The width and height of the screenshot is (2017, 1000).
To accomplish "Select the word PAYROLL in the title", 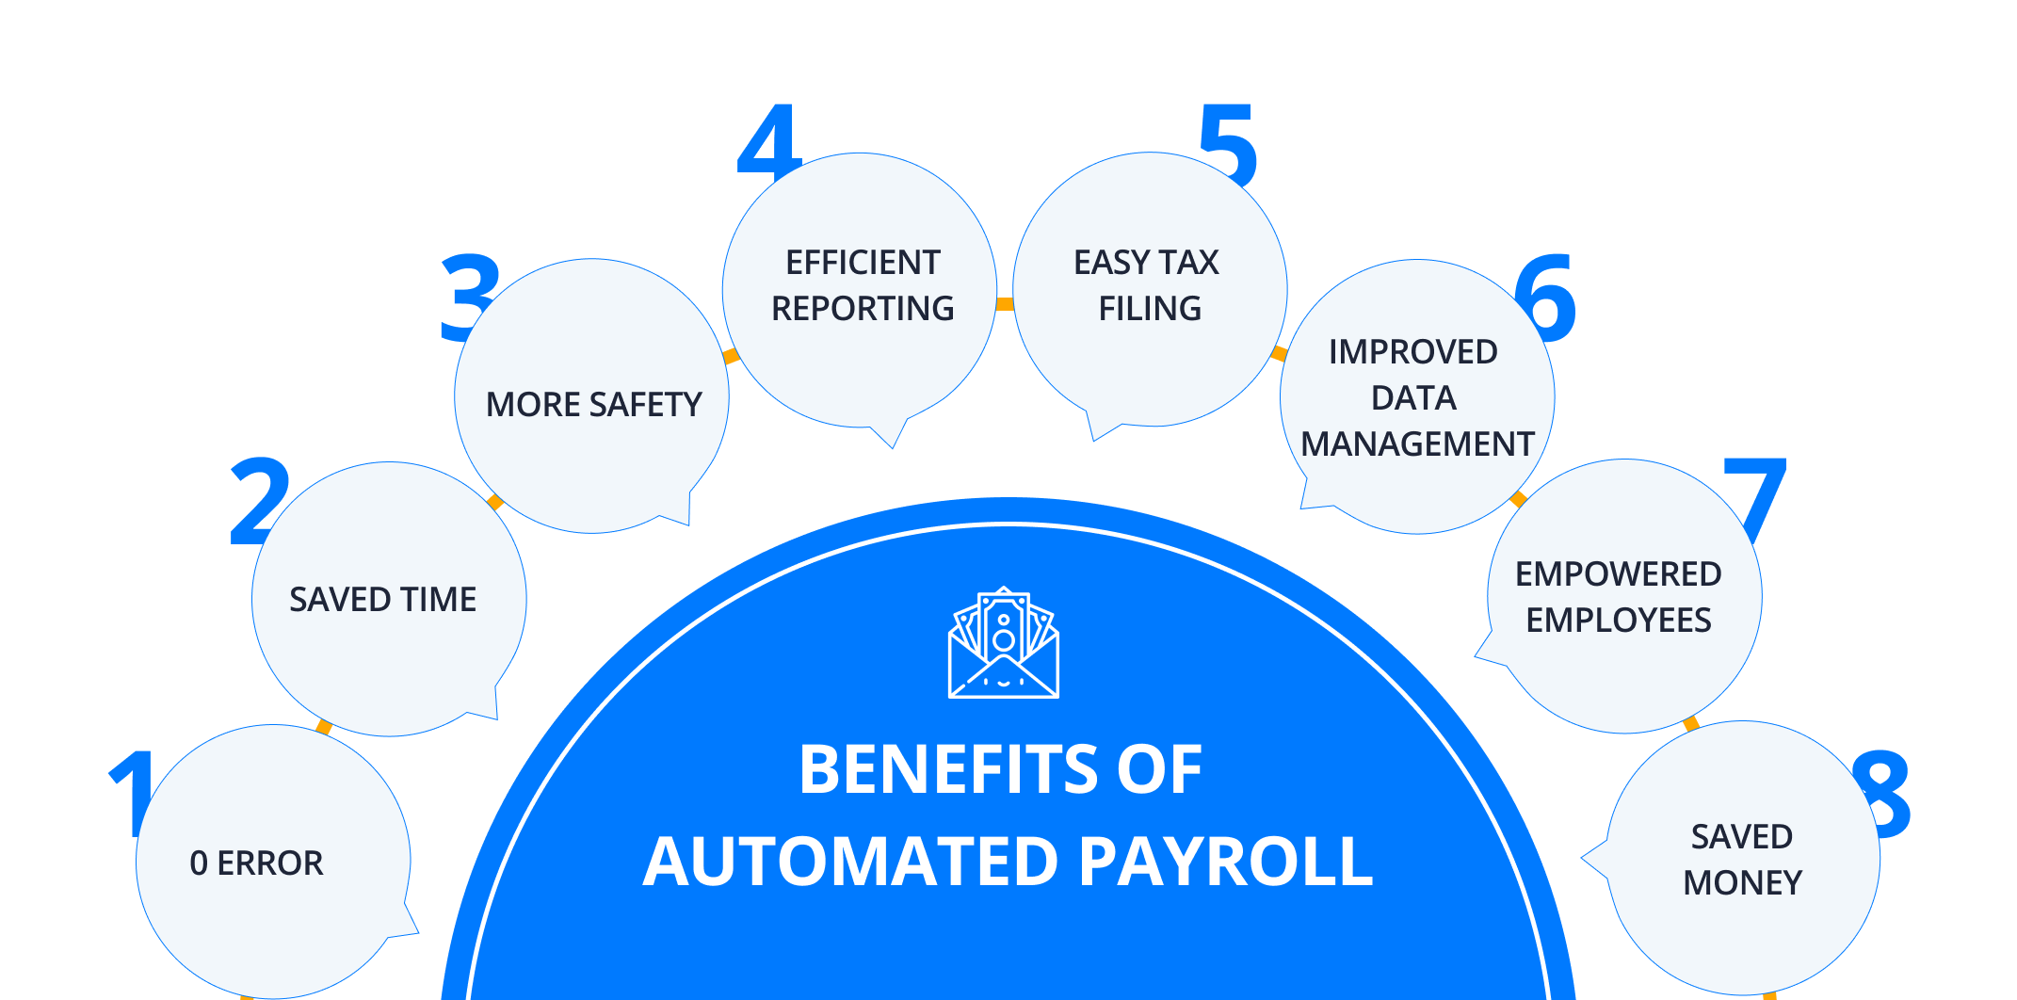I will (x=1226, y=862).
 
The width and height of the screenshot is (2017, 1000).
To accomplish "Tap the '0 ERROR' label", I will (x=256, y=863).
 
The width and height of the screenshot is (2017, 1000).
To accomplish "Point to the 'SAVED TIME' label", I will (x=382, y=599).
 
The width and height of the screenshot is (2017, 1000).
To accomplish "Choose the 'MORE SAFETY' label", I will (x=593, y=404).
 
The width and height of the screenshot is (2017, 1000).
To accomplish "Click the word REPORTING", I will (x=863, y=308).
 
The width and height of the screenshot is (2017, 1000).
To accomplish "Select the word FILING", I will (x=1150, y=308).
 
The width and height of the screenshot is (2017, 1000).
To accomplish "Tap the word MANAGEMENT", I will (x=1417, y=444).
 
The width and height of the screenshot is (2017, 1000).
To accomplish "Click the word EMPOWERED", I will (x=1618, y=573).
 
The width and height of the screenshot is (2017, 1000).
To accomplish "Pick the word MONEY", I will (x=1742, y=882).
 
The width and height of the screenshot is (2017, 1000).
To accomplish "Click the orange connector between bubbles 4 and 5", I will (x=1005, y=303).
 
